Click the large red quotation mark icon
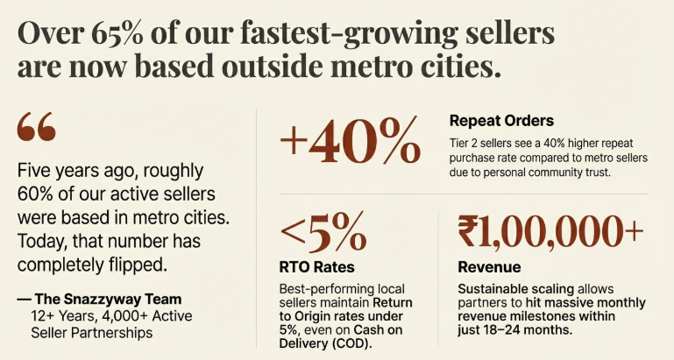[x=36, y=130]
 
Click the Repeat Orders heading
[x=501, y=120]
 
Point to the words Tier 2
[x=463, y=142]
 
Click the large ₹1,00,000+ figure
[x=550, y=233]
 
